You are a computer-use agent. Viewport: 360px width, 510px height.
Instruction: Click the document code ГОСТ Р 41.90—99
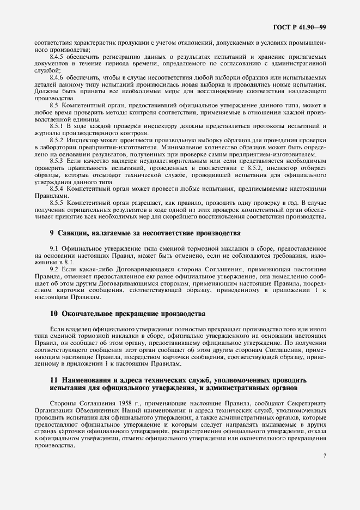click(x=304, y=25)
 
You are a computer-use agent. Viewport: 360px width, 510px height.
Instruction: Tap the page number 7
click(x=325, y=456)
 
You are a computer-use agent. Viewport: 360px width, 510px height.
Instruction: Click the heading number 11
click(x=53, y=379)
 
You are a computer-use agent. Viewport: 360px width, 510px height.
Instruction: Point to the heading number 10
click(x=53, y=314)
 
